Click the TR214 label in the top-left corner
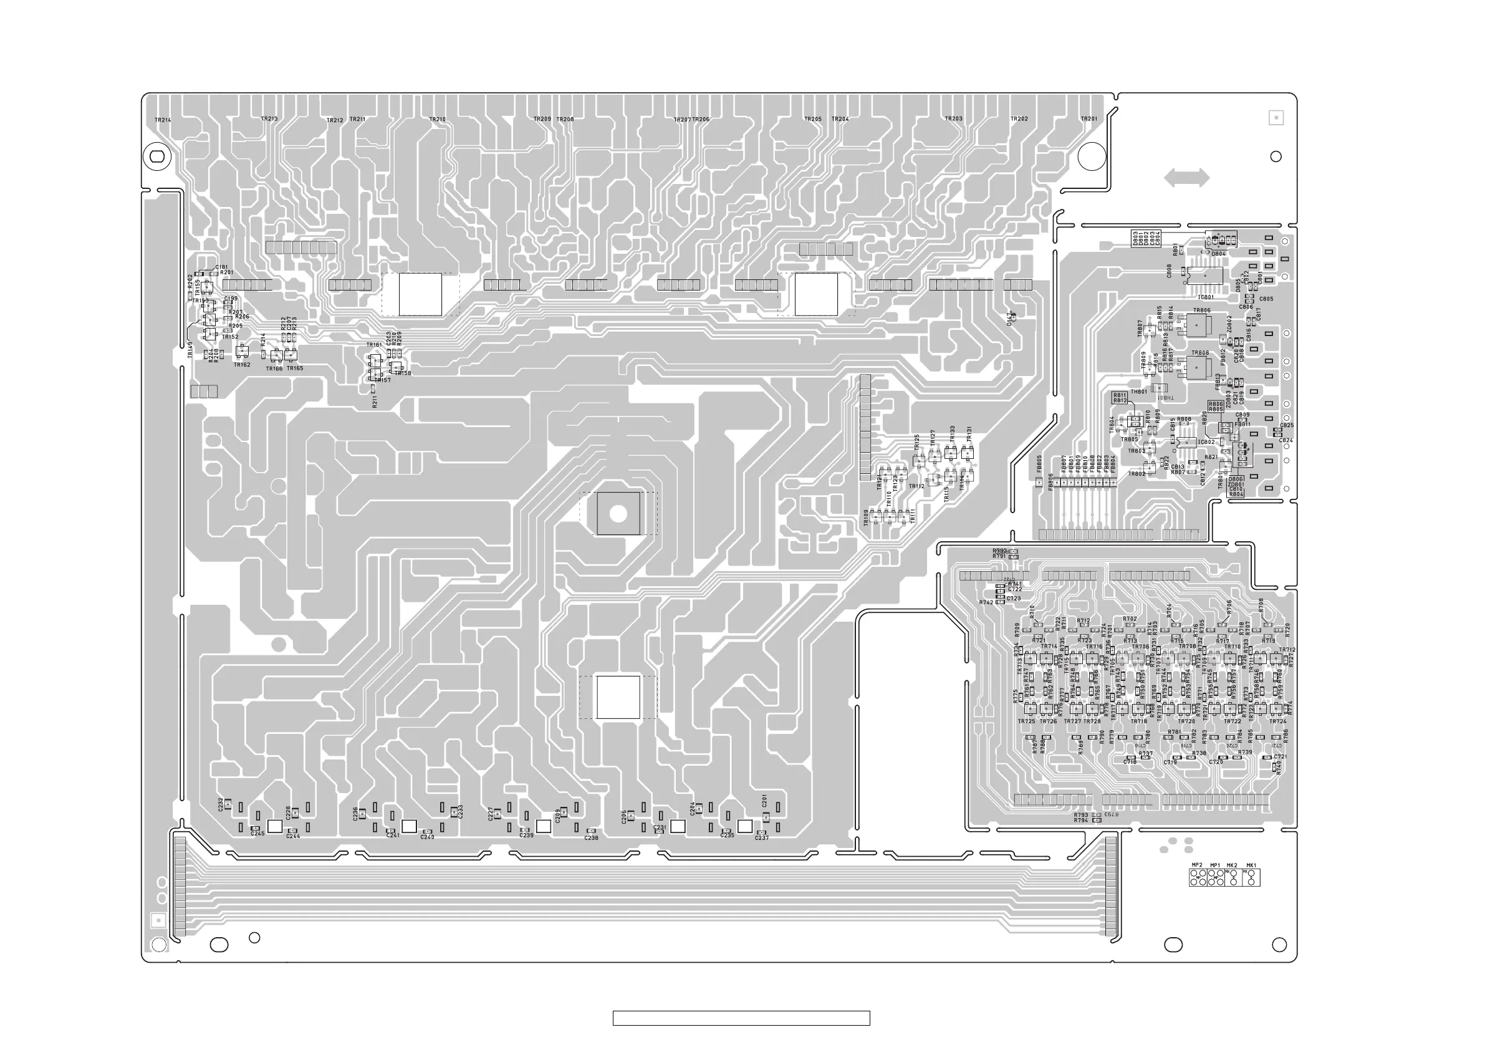tap(163, 120)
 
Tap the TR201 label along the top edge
tap(1089, 119)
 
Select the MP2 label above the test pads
tap(1197, 865)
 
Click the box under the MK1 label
tap(1251, 878)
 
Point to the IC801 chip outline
tap(1205, 276)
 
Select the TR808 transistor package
tap(1199, 367)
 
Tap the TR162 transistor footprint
tap(242, 352)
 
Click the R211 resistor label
tap(375, 401)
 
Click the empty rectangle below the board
tap(741, 1018)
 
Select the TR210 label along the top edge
tap(438, 120)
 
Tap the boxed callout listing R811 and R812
tap(1120, 397)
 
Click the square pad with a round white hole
tap(618, 514)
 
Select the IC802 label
tap(1206, 443)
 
